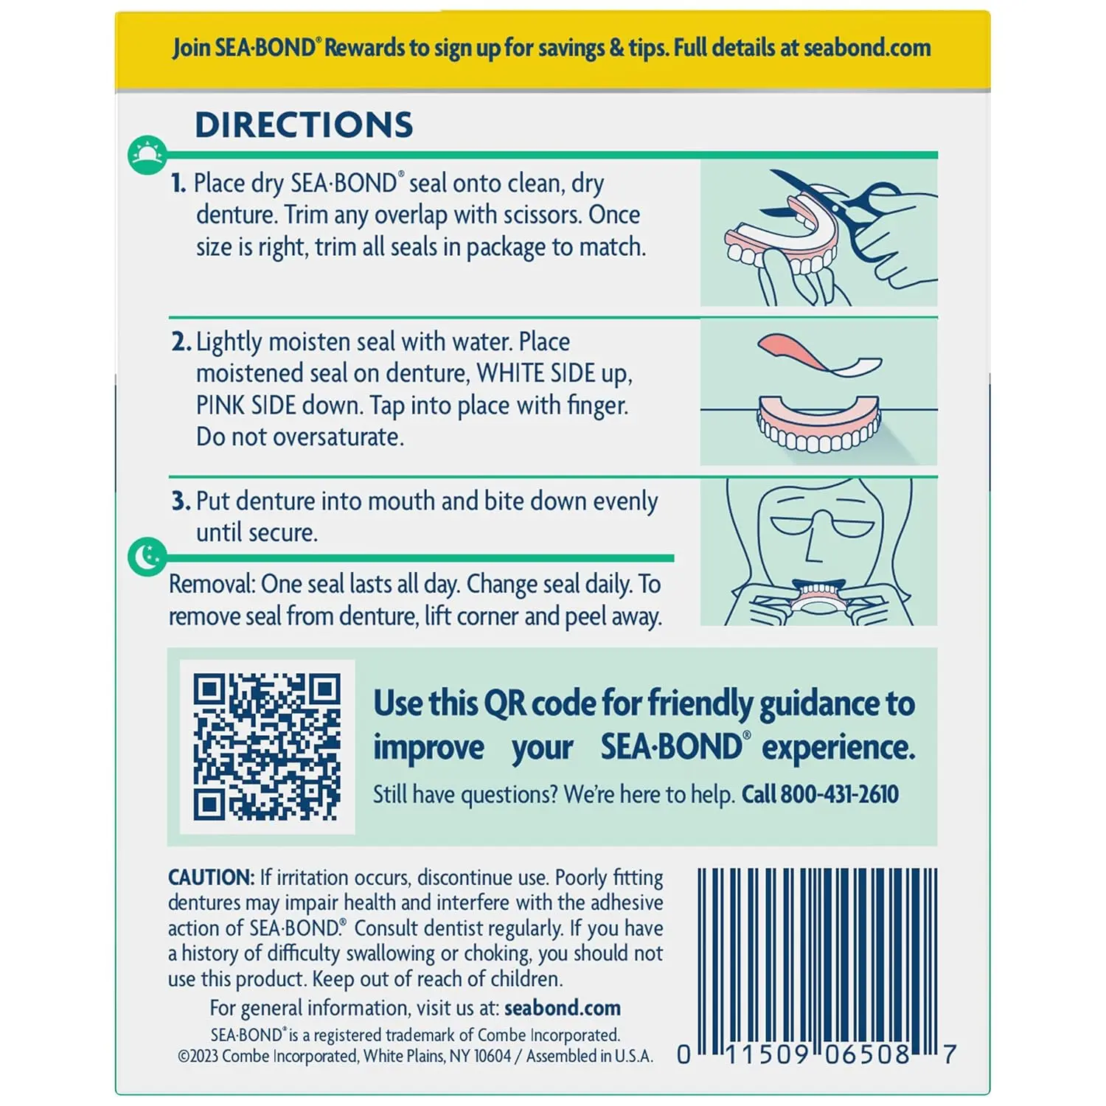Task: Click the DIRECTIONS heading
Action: (304, 125)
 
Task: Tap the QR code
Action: (267, 746)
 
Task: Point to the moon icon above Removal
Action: (147, 557)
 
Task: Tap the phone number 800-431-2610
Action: (839, 794)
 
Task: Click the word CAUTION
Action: (211, 877)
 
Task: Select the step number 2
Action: (181, 342)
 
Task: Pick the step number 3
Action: (181, 501)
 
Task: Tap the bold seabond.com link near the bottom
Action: (562, 1008)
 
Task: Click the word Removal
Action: (212, 584)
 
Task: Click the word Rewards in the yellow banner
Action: (365, 48)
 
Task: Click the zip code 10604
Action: (492, 1056)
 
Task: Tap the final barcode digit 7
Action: (950, 1054)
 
